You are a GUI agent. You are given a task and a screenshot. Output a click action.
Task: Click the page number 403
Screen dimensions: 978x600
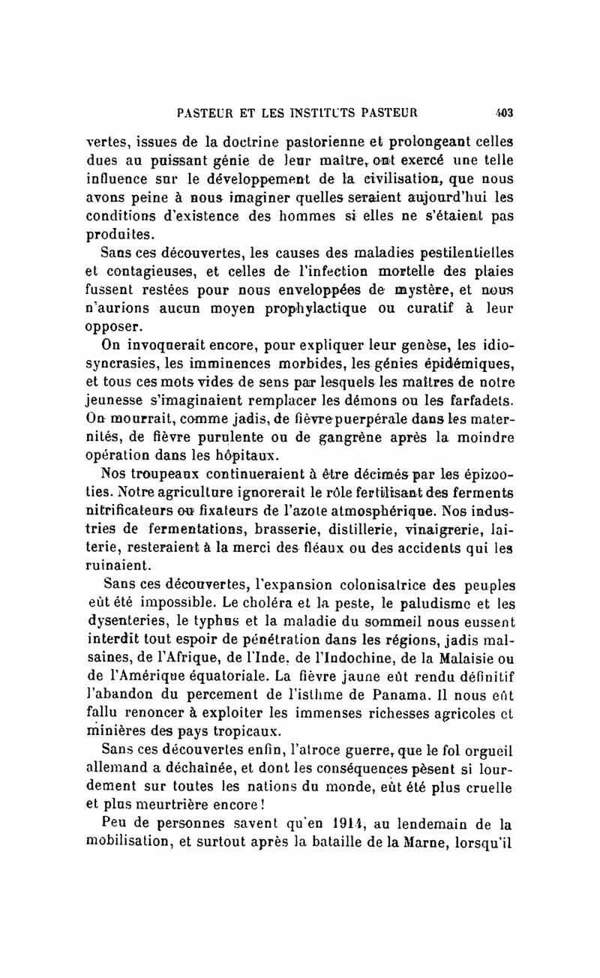pyautogui.click(x=503, y=114)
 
